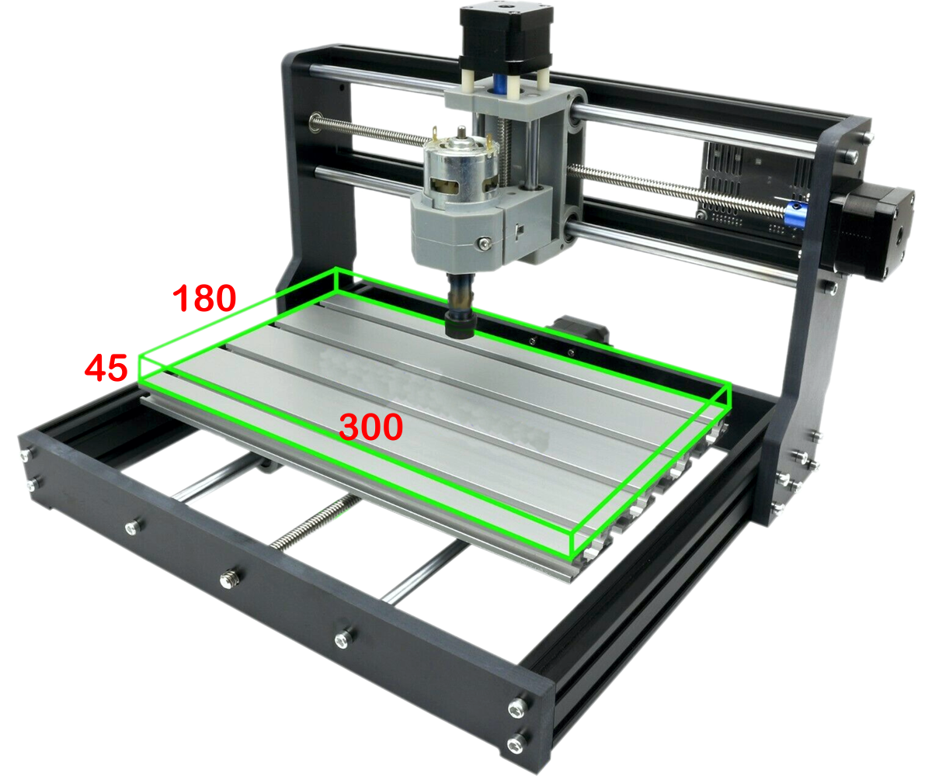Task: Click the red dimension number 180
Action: (x=203, y=299)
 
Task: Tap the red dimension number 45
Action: (x=106, y=368)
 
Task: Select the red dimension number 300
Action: (x=371, y=427)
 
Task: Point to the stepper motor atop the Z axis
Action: (x=506, y=39)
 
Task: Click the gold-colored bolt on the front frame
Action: (x=228, y=577)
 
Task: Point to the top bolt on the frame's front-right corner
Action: (x=516, y=708)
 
